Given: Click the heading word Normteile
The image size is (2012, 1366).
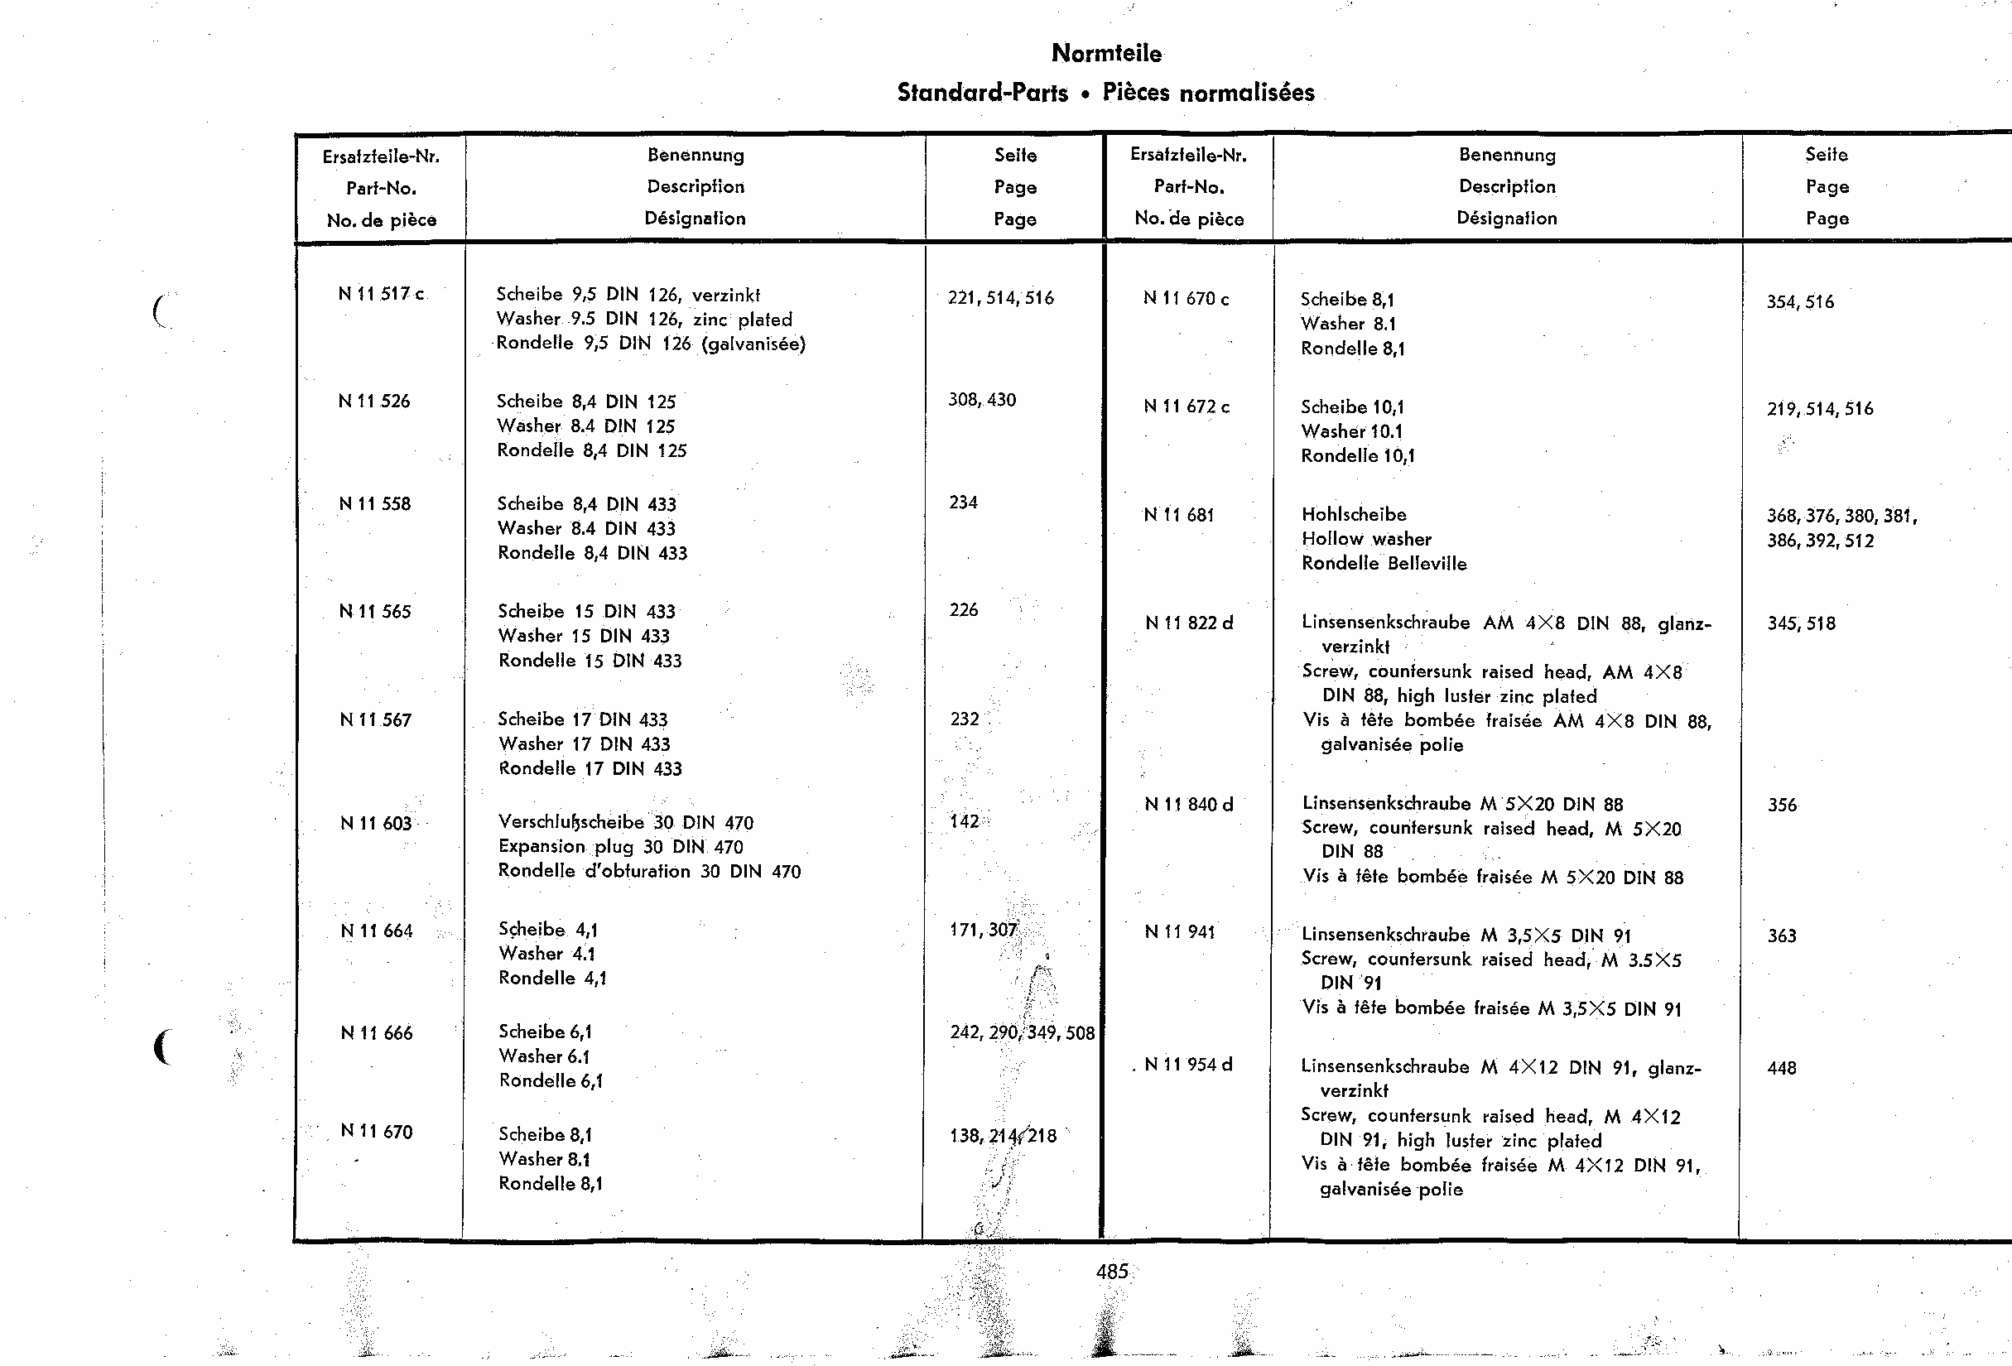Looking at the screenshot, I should coord(1105,54).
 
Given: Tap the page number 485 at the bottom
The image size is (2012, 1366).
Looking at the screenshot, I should coord(1112,1271).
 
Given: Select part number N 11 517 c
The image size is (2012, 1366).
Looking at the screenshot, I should coord(381,295).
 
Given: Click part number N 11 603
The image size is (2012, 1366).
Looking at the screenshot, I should coord(376,823).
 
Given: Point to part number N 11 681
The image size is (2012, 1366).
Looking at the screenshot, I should coord(1178,515).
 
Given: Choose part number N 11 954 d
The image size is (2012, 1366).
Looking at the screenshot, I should coord(1188,1065).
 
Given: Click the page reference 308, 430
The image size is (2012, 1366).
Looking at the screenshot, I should coord(982,400).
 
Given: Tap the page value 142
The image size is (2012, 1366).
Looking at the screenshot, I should coord(965,821).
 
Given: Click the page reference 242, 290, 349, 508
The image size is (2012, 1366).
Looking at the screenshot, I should coord(1022,1032).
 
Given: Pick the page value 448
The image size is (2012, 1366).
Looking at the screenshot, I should coord(1782,1068).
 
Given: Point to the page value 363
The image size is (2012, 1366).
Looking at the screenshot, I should coord(1782,936).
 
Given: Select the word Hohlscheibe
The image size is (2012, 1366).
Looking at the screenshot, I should coord(1354,514).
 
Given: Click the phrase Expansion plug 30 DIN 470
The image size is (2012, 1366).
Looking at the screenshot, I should coord(620,847).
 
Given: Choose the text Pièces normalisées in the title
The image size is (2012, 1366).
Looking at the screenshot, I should coord(1208,93).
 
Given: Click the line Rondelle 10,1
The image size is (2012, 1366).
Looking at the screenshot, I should coord(1358,456).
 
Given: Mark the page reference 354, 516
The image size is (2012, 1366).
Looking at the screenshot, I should coord(1800,302).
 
